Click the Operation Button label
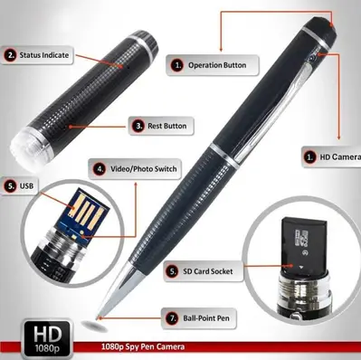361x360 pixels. click(x=213, y=65)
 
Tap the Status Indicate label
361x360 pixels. click(x=37, y=55)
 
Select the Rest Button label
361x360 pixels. click(x=161, y=126)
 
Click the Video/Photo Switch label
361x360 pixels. click(x=135, y=169)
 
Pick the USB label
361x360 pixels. click(x=19, y=185)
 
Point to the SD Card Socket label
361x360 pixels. click(x=204, y=271)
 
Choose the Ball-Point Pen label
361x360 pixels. click(x=199, y=318)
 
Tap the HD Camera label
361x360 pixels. click(x=331, y=157)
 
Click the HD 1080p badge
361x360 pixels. click(x=47, y=339)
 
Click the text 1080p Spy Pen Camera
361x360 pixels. click(x=143, y=346)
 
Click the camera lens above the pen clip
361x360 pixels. click(x=313, y=56)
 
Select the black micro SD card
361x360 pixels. click(x=304, y=244)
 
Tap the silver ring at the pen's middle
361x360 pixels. click(x=224, y=156)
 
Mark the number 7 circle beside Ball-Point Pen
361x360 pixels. click(x=172, y=318)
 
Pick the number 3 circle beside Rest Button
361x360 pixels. click(x=138, y=126)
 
